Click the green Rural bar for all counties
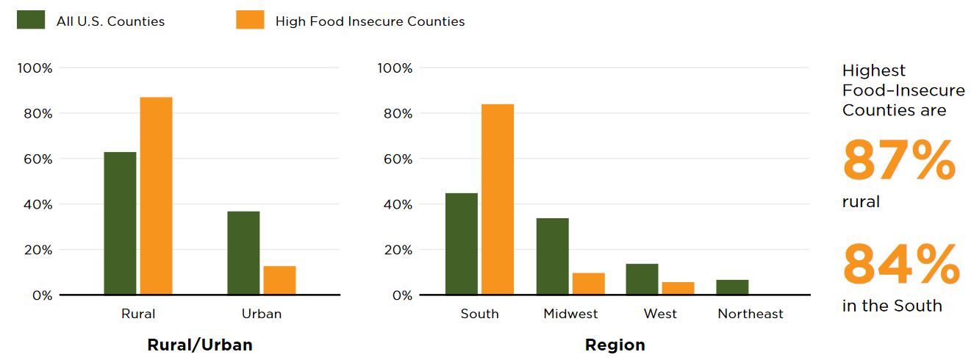(120, 223)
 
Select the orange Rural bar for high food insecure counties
(156, 196)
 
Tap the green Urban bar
(243, 253)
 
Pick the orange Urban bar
(279, 280)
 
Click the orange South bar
(498, 199)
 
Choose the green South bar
(462, 244)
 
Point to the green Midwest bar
(552, 256)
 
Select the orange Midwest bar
(588, 284)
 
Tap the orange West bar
(678, 288)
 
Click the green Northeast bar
(732, 287)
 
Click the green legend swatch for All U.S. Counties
(30, 20)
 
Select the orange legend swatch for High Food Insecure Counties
(250, 20)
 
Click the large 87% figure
(899, 161)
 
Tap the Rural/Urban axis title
(200, 345)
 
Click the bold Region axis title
(615, 345)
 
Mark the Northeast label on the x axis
(750, 314)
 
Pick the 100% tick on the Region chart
(395, 68)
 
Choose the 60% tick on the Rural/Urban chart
(35, 159)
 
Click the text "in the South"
(892, 306)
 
